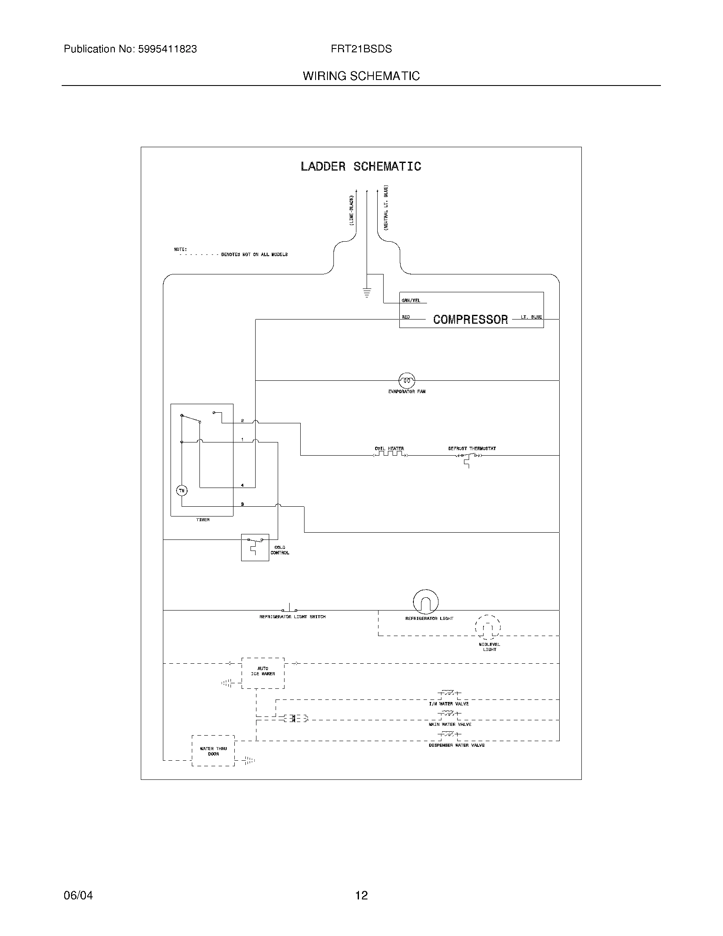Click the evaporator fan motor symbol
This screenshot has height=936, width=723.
407,380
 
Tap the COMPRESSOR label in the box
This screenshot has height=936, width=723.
470,319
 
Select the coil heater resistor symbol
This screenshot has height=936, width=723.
390,454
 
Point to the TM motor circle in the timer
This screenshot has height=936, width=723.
182,491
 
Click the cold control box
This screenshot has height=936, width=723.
255,547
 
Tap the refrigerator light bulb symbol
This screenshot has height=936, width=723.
426,602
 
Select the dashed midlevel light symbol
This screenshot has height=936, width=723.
488,628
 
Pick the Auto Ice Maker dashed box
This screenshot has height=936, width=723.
262,673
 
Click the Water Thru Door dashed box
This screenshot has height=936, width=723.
213,751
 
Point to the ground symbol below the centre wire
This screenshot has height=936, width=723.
367,293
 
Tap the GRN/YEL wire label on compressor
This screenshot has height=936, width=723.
410,300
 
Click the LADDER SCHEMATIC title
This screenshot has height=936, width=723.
361,166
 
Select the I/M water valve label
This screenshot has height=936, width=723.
448,704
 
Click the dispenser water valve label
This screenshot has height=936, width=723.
457,745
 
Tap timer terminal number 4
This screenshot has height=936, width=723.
242,485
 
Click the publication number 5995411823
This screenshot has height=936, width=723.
167,49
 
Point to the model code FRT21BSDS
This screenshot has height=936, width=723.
361,49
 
